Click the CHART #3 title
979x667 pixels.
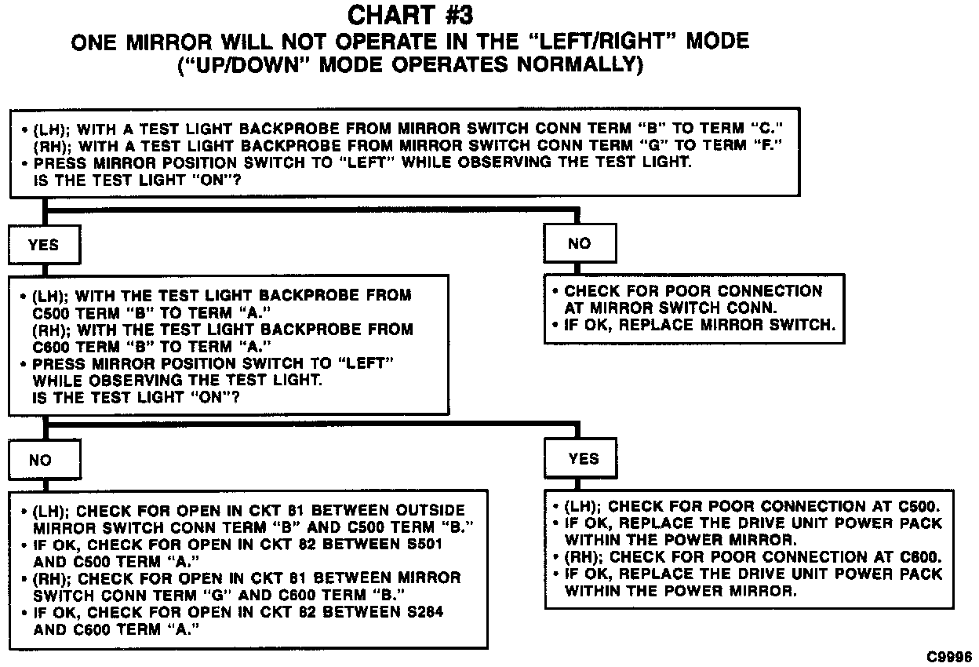[x=410, y=15]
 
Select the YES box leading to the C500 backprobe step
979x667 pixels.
[x=44, y=245]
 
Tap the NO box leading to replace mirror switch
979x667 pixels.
[x=579, y=244]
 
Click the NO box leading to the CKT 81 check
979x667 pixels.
[x=40, y=461]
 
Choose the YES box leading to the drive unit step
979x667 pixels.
[x=584, y=459]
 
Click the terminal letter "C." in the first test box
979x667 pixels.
[x=767, y=128]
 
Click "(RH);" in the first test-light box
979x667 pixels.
[x=51, y=145]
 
